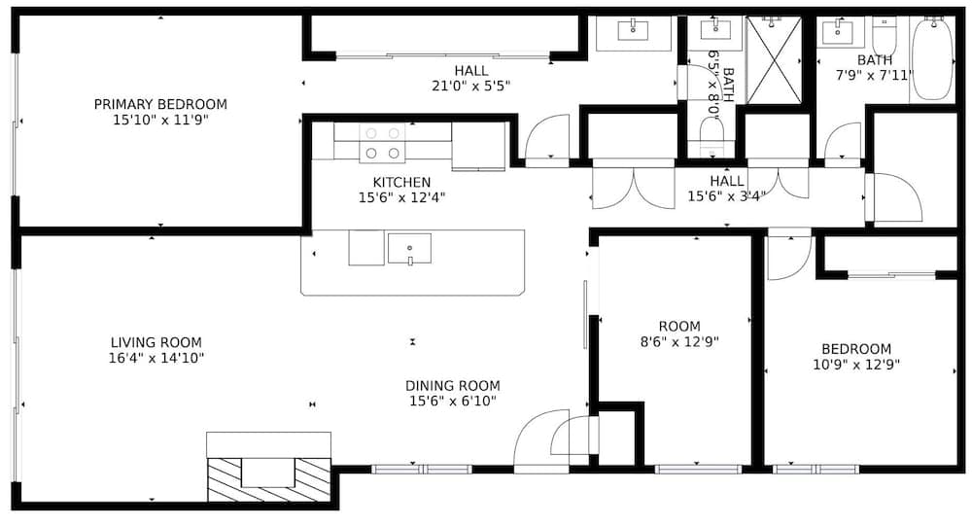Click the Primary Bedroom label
click(160, 104)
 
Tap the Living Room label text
click(156, 342)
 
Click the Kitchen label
click(401, 182)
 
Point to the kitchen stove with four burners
click(382, 143)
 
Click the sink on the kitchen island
click(409, 248)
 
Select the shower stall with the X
click(774, 59)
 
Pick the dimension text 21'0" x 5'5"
click(471, 86)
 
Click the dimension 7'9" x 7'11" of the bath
click(875, 75)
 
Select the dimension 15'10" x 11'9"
click(160, 121)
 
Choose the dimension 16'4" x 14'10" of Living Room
click(156, 358)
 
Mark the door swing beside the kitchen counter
click(546, 138)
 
